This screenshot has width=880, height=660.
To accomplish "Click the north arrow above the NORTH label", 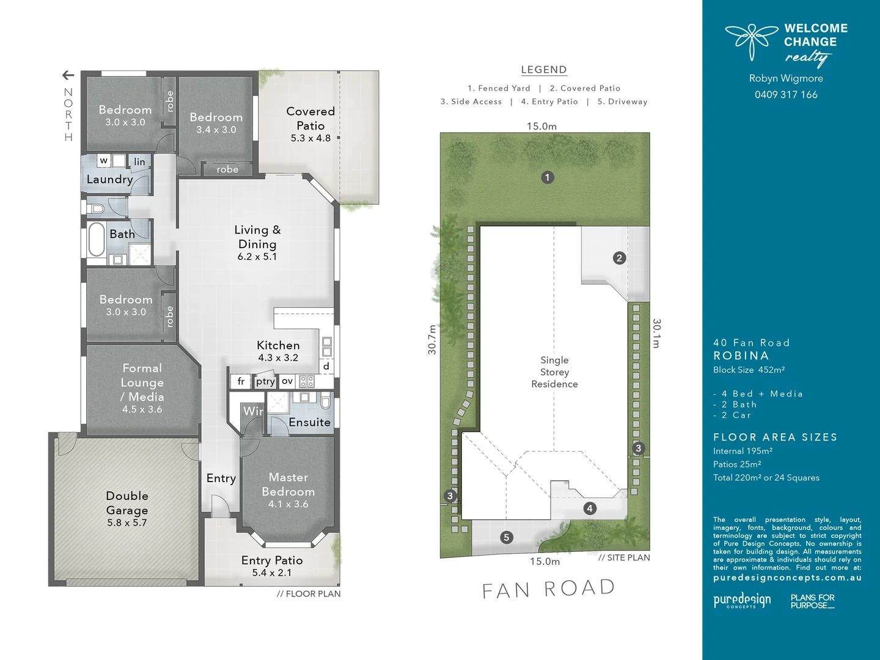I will tap(68, 75).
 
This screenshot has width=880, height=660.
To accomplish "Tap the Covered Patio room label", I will tap(310, 119).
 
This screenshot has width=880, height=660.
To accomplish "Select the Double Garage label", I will tap(127, 502).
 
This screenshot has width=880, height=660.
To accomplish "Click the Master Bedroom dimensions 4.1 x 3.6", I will tap(288, 504).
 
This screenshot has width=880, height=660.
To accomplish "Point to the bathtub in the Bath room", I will tap(97, 239).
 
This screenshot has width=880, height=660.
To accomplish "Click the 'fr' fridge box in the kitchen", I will tap(241, 381).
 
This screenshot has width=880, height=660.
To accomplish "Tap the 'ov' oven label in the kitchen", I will tap(287, 381).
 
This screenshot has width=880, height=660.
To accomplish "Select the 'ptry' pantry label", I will tap(265, 381).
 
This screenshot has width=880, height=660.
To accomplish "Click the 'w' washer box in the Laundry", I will tap(104, 161).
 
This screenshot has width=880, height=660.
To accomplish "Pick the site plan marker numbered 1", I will tap(548, 177).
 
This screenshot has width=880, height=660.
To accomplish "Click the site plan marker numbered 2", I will tap(619, 258).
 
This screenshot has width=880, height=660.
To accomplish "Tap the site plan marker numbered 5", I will tap(506, 537).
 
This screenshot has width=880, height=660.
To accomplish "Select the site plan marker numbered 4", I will tap(590, 508).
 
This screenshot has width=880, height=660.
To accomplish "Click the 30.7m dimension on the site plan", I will tap(432, 339).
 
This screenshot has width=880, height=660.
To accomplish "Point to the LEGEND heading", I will tap(544, 70).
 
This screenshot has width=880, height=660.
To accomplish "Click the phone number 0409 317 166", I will tap(786, 95).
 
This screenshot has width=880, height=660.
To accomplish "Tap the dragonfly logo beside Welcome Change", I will tap(752, 40).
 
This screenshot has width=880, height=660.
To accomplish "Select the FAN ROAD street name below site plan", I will tap(548, 589).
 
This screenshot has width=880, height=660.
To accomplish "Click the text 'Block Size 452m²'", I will tap(749, 370).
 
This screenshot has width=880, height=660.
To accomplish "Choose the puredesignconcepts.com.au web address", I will tap(787, 577).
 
